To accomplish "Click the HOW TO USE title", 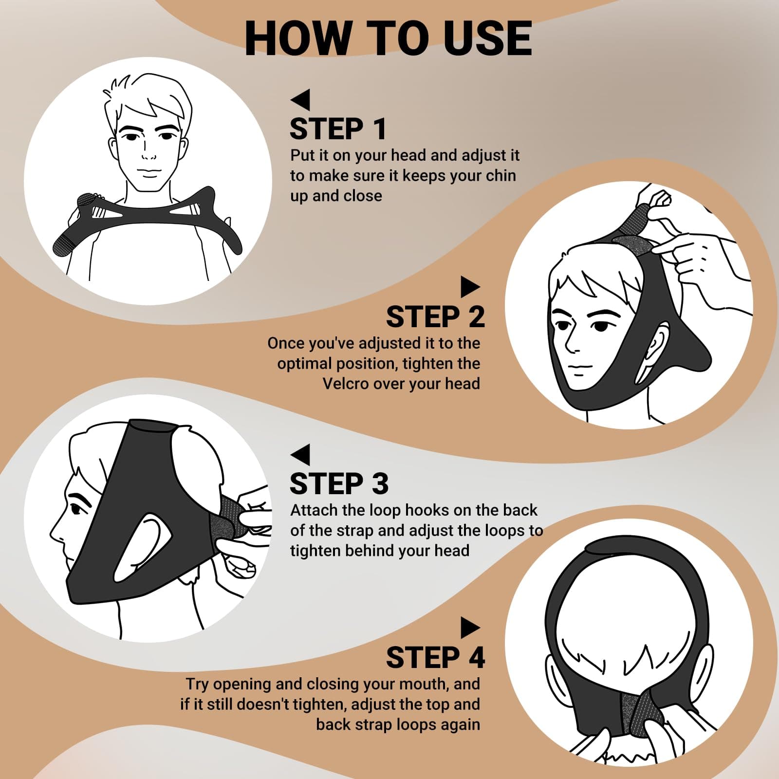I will tap(388, 38).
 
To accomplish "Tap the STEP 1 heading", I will tap(338, 129).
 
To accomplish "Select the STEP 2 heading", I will tap(435, 317).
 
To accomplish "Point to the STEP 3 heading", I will tap(339, 484).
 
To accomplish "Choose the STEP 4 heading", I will tap(435, 658).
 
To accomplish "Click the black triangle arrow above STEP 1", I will tap(300, 99).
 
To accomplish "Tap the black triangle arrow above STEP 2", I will tap(470, 287).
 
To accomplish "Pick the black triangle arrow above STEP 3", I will tap(300, 454).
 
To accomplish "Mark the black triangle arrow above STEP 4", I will tap(470, 628).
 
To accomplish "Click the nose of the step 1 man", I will tap(148, 156).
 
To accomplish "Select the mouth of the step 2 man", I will tap(577, 374).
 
